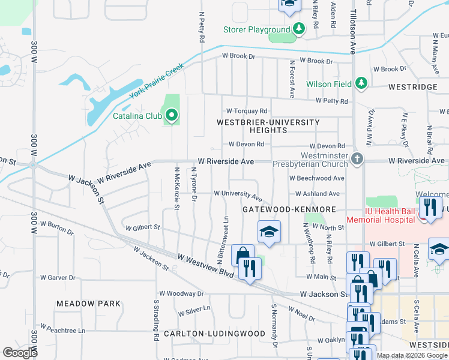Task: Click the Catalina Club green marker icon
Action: coord(172,114)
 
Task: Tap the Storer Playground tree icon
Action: coord(298,29)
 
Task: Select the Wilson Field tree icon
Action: coord(360,83)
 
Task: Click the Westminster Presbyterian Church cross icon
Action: coord(357,159)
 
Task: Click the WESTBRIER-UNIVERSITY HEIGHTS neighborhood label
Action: coord(268,126)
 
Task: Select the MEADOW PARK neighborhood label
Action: coord(88,304)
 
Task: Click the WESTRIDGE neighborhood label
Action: coord(412,87)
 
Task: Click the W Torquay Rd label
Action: coord(246,112)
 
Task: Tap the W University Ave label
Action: coord(238,194)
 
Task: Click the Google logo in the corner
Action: coord(20,353)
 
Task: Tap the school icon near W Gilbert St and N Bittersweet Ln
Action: coord(269,232)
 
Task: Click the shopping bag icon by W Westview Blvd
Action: coord(243,256)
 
